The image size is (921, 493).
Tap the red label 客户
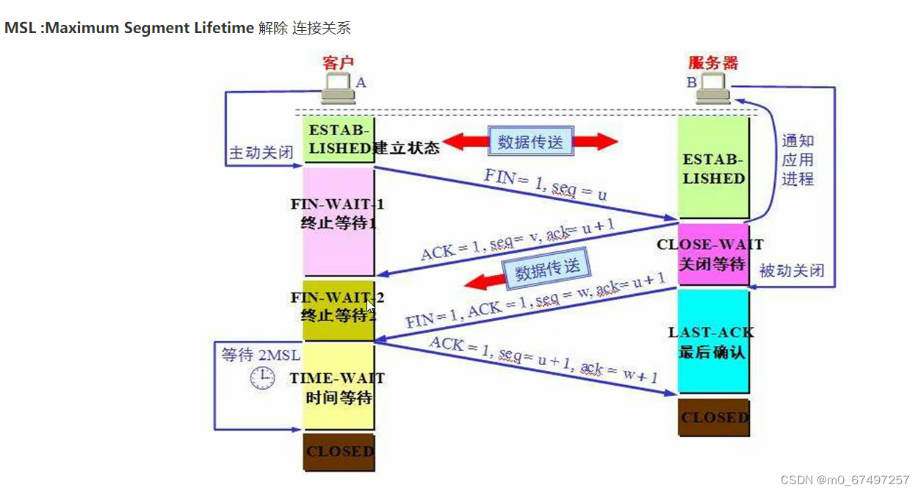338,63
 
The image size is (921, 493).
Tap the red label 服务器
712,62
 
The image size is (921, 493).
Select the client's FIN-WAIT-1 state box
339,220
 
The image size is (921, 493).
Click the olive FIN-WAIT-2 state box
339,309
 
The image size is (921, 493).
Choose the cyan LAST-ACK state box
712,342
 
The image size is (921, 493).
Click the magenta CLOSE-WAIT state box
712,254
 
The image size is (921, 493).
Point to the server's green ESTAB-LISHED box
713,168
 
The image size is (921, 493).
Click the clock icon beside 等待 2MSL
261,378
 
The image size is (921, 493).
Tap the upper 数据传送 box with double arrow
530,142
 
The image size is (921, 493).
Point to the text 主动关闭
261,153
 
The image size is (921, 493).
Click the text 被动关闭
791,270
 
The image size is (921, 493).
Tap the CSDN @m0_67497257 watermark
845,480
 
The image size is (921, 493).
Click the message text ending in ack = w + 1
543,361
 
